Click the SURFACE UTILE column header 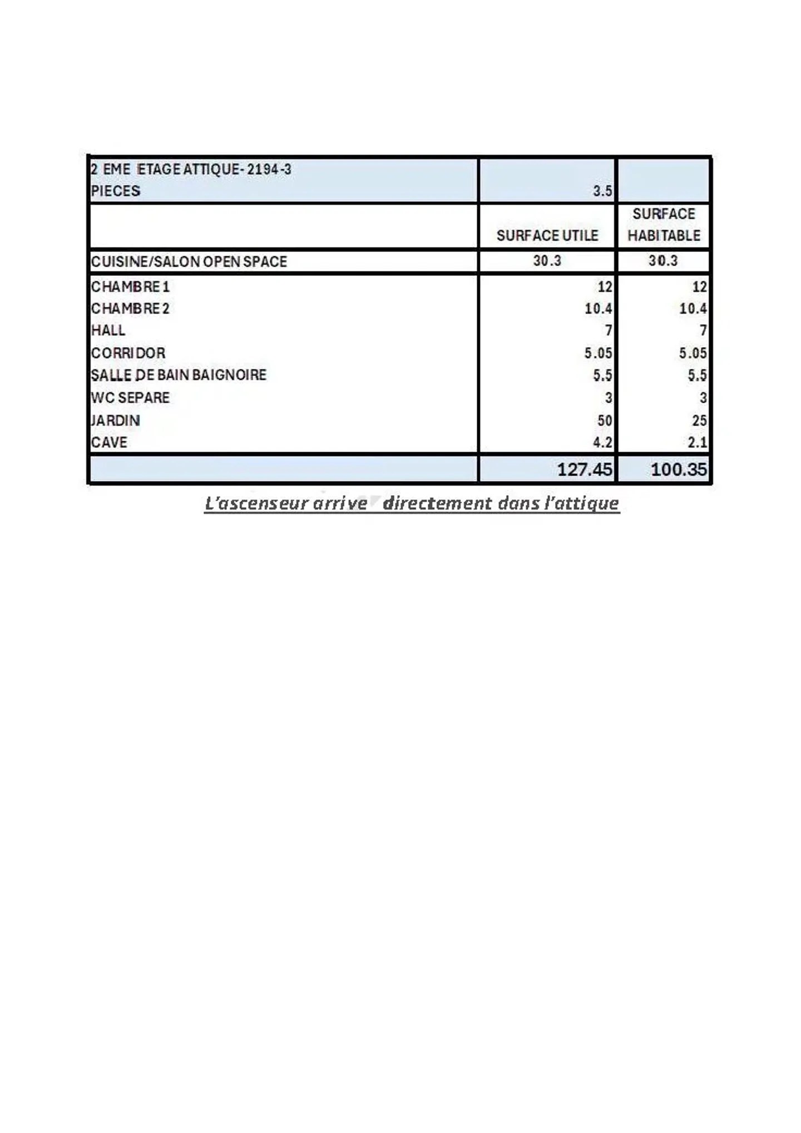pos(547,235)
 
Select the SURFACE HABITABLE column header pos(664,225)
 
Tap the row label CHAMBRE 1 pos(130,286)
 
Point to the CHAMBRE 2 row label pos(130,308)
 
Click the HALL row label pos(108,330)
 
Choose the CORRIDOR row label pos(128,353)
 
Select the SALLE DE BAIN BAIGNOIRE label pos(179,375)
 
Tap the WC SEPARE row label pos(130,398)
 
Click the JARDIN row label pos(115,420)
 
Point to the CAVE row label pos(109,442)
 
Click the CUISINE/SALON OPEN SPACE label pos(189,261)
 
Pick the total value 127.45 pos(584,469)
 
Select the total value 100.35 pos(679,469)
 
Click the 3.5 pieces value pos(602,191)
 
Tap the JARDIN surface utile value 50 pos(605,420)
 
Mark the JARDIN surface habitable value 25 pos(699,420)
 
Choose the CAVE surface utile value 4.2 pos(602,442)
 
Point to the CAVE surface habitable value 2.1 pos(696,442)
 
